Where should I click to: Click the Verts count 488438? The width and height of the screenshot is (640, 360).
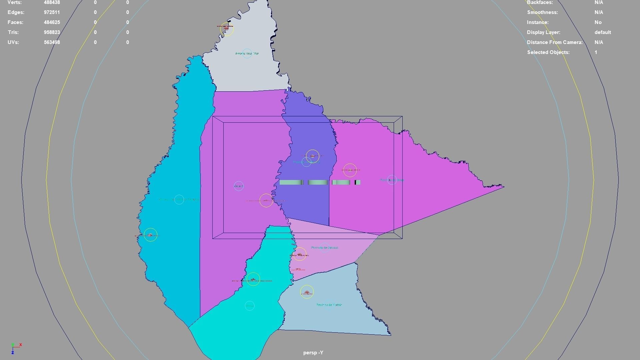52,2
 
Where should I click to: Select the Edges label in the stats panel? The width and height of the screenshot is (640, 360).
16,12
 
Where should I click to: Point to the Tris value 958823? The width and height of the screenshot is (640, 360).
52,32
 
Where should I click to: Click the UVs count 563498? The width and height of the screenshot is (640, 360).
52,42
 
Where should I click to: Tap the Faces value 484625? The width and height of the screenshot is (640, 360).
52,22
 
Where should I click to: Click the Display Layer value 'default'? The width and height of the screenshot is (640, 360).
602,32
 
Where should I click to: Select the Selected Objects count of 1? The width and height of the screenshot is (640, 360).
596,52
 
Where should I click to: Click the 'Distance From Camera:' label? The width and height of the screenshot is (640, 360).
555,42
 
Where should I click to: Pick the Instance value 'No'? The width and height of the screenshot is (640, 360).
598,22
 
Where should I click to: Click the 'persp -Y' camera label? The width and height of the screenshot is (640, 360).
313,353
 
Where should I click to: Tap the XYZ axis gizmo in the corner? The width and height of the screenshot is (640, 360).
15,348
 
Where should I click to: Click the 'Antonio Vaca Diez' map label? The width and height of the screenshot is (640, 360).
247,53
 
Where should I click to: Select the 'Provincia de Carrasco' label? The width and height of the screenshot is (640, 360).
324,248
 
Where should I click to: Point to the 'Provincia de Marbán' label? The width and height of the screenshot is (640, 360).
329,305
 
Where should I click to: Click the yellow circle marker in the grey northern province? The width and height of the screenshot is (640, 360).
227,29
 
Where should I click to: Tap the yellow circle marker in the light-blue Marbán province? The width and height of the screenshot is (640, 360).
307,292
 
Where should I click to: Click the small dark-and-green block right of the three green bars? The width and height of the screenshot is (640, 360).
357,182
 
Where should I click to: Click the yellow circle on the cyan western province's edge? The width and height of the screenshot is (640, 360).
150,235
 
